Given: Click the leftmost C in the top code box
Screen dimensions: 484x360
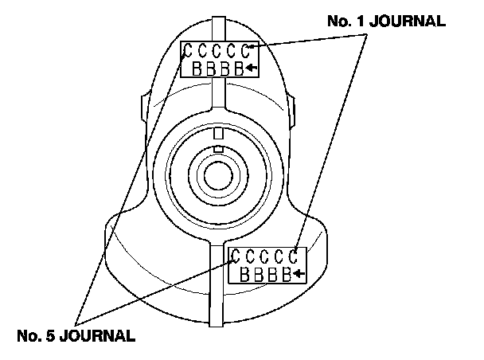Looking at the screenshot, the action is point(189,52).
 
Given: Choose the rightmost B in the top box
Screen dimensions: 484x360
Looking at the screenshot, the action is point(239,68).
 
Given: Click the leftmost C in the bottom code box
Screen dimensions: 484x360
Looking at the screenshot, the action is point(237,257).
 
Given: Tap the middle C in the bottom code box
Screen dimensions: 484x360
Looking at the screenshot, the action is point(266,257).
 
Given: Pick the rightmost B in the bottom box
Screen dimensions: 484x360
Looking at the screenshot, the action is point(286,275).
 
